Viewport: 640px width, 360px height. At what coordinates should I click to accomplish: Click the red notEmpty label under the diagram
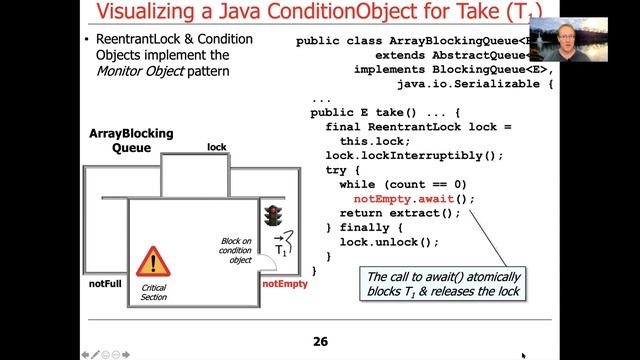click(x=284, y=284)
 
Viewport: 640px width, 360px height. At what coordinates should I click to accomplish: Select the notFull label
click(x=104, y=284)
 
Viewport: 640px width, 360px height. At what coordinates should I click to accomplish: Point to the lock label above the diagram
click(x=216, y=147)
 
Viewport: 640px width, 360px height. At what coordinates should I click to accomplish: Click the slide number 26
click(x=320, y=342)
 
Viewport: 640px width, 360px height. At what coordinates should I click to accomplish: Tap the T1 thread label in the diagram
click(x=285, y=246)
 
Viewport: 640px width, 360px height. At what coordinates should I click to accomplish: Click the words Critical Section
click(x=154, y=292)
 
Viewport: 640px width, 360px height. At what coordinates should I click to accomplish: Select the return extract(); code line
click(x=400, y=213)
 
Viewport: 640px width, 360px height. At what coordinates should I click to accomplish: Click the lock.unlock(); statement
click(x=389, y=242)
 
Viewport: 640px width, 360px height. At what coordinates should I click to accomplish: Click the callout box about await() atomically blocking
click(x=445, y=284)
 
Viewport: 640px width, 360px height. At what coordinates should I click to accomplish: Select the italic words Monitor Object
click(x=146, y=71)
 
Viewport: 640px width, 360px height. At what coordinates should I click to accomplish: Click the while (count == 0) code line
click(x=403, y=185)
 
